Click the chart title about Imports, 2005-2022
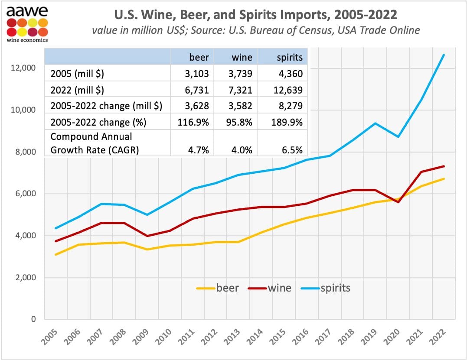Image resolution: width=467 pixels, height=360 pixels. tap(255, 14)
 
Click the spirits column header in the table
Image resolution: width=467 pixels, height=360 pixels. tap(289, 57)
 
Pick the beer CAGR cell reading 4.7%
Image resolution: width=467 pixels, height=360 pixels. tap(199, 150)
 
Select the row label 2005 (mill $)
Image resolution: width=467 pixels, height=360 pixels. tap(78, 74)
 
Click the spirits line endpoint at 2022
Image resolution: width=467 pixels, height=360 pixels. tap(444, 55)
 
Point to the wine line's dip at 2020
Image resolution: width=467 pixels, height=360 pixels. tap(398, 202)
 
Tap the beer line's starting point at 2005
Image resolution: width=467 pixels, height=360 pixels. tap(56, 254)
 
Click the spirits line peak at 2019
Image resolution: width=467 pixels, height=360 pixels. tap(375, 123)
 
